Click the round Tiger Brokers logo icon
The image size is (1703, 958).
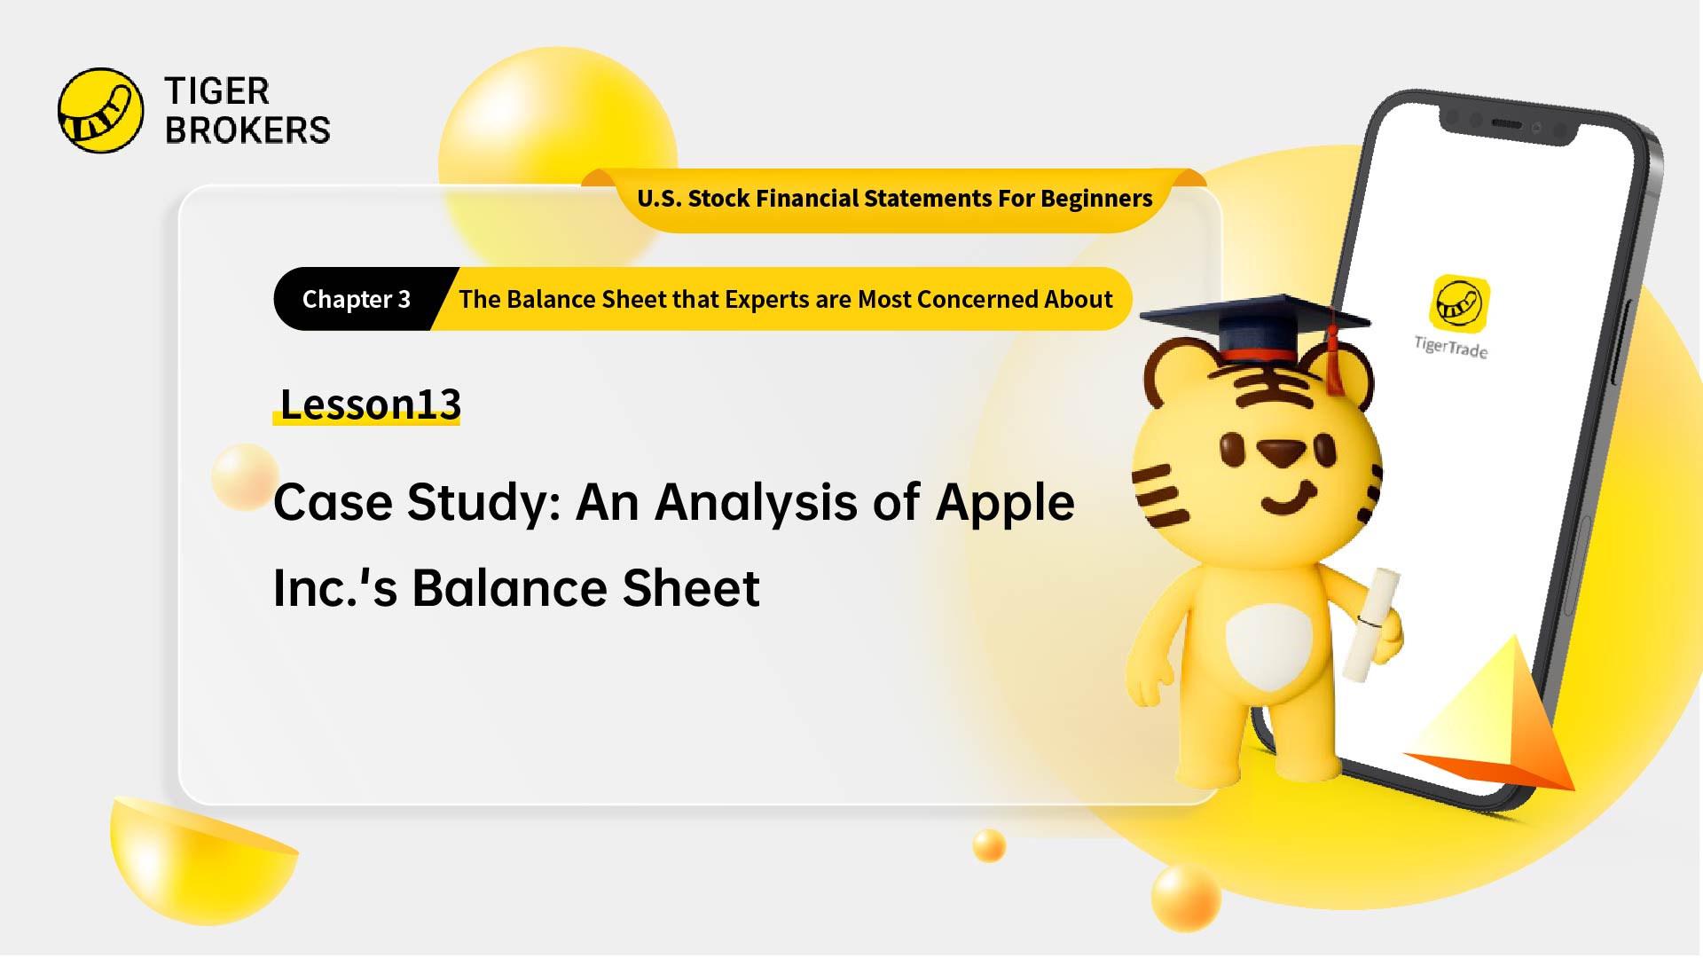100,111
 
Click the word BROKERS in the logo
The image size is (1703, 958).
247,130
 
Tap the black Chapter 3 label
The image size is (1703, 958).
356,300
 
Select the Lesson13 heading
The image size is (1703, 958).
370,404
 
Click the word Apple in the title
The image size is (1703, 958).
1005,503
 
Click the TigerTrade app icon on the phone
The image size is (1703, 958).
1459,303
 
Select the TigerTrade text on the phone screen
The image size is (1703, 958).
1451,347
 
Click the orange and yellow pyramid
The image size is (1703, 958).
1499,723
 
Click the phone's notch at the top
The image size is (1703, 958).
1508,124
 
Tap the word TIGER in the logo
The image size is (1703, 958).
216,91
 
